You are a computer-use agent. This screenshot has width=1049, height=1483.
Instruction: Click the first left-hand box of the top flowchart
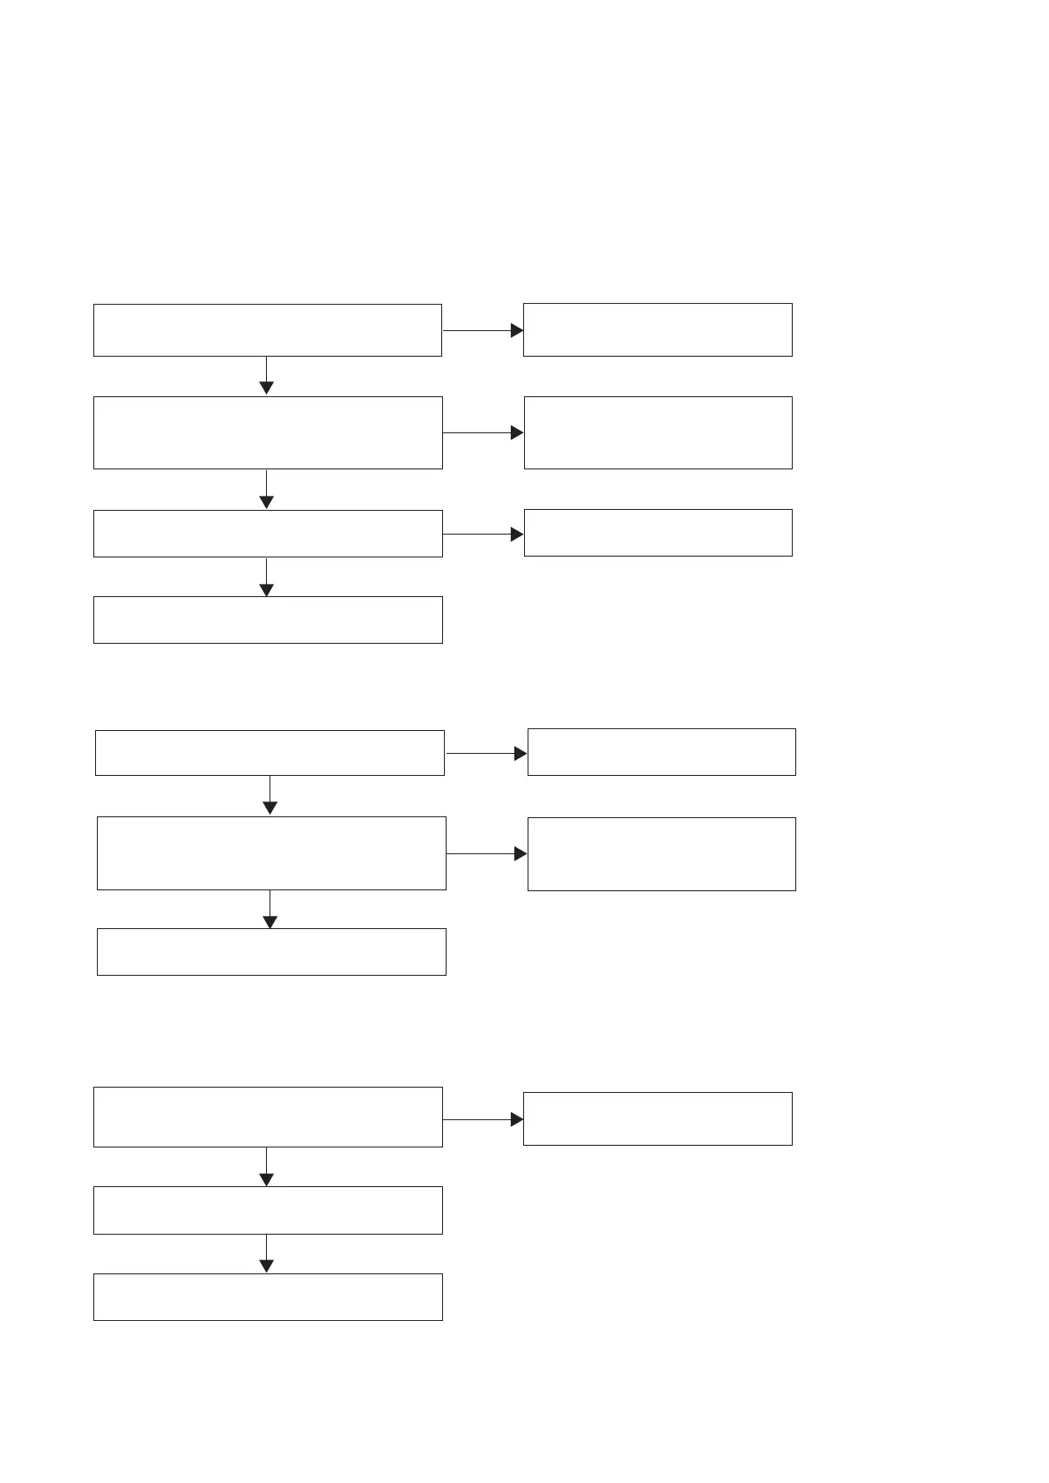pos(267,330)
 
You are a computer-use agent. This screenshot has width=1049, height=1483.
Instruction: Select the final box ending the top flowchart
pos(268,620)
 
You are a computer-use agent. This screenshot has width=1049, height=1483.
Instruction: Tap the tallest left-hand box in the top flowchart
pos(268,432)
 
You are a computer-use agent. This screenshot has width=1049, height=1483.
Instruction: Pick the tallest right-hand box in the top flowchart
pos(658,432)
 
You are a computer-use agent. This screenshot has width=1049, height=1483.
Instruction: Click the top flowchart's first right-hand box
pos(658,330)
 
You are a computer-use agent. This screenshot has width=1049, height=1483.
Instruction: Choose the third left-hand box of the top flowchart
pos(268,534)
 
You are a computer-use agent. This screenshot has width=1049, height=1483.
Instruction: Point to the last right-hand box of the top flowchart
pos(658,533)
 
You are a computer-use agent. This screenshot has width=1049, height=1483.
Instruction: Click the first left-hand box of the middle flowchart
pos(270,753)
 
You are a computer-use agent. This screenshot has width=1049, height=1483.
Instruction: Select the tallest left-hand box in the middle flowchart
pos(271,853)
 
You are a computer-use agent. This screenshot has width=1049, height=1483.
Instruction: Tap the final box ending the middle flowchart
pos(271,952)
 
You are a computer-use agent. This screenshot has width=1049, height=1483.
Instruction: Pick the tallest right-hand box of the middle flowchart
pos(661,854)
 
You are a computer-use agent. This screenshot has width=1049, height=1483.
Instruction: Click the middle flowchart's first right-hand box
pos(661,752)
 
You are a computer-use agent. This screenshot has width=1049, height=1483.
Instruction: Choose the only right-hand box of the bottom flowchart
pos(658,1119)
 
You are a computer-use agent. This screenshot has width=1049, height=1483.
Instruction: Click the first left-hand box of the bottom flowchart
pos(268,1118)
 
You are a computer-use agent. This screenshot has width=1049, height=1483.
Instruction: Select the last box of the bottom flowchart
pos(268,1297)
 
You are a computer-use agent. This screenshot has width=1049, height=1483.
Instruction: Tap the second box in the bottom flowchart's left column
pos(268,1210)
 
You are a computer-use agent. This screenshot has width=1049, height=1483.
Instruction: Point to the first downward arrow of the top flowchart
pos(266,376)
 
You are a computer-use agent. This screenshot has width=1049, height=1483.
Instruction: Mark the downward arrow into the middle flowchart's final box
pos(270,910)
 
